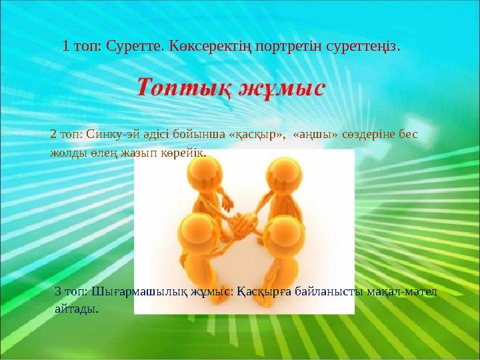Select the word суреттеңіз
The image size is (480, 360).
[x=364, y=47]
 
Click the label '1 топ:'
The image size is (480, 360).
[x=79, y=47]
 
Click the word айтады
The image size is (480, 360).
[x=76, y=308]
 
